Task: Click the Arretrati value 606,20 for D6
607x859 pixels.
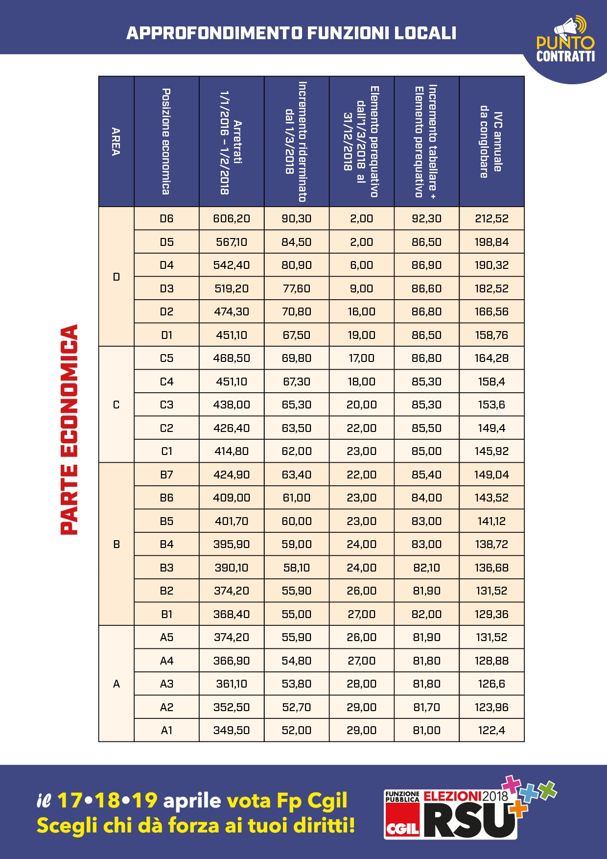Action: tap(232, 218)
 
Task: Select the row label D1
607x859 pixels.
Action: tap(166, 335)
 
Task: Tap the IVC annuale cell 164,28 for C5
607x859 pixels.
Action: tap(491, 358)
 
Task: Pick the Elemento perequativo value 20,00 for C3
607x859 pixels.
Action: tap(361, 405)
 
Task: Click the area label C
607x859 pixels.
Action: tap(116, 405)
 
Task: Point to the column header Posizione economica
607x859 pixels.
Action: tap(166, 142)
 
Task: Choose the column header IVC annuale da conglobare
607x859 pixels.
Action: tap(491, 142)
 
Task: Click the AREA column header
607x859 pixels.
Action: tap(116, 142)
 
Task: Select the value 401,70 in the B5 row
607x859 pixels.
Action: tap(232, 521)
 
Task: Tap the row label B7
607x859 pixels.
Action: tap(166, 475)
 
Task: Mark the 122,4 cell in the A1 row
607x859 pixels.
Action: tap(491, 730)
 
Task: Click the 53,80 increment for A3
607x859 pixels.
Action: tap(297, 684)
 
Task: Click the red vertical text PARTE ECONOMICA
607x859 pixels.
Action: tap(69, 429)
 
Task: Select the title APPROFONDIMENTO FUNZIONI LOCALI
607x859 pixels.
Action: tap(291, 33)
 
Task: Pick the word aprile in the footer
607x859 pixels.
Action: tap(192, 801)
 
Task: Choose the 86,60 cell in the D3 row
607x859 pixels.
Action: tap(426, 288)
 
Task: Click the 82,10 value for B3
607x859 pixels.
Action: tap(426, 568)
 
